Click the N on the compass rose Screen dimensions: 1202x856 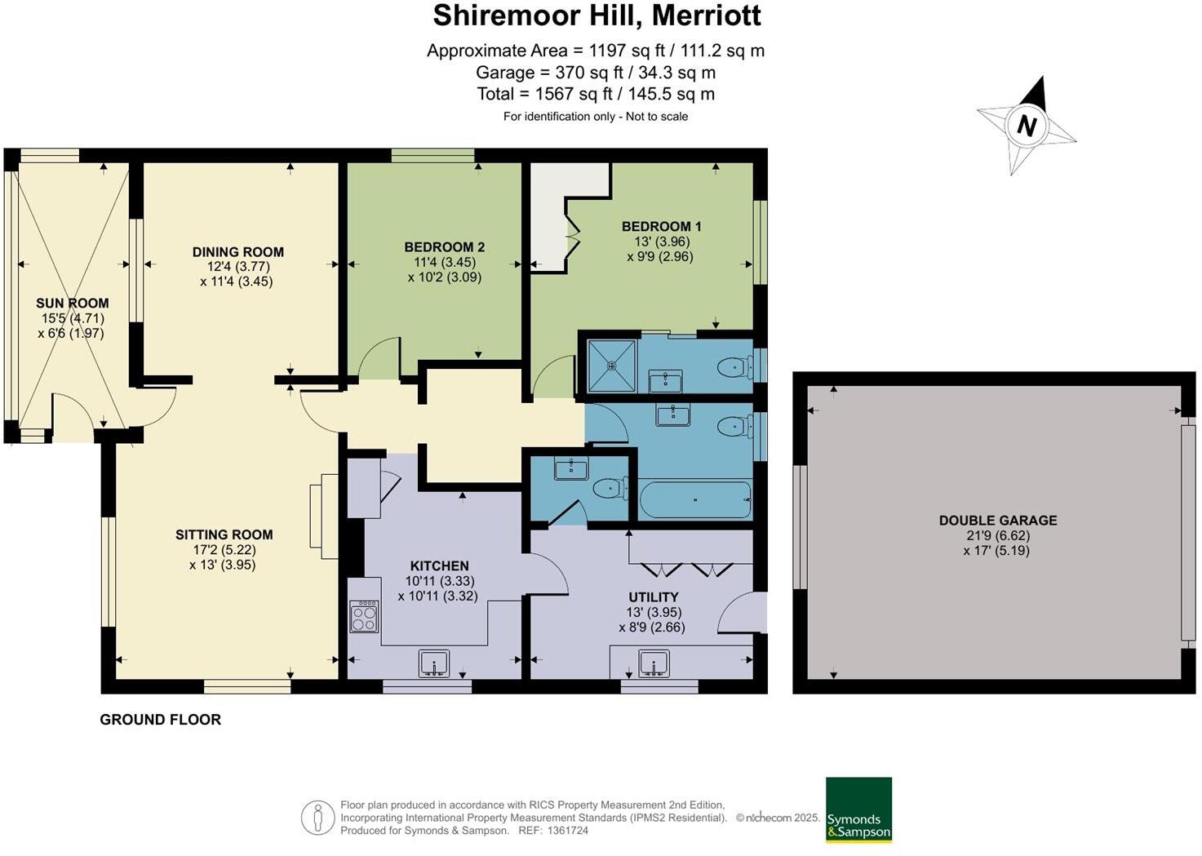[1027, 126]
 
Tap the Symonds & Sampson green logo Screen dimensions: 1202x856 [858, 809]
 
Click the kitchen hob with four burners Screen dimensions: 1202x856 [365, 616]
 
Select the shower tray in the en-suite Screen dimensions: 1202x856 [612, 366]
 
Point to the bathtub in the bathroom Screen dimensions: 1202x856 [695, 499]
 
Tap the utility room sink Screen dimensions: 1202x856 [654, 663]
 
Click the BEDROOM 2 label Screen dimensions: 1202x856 [444, 247]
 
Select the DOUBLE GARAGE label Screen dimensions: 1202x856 [998, 520]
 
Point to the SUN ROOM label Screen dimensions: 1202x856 [73, 304]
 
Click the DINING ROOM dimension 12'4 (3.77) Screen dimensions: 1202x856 [238, 266]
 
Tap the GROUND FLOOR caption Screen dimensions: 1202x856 [161, 720]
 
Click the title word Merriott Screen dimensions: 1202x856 [706, 15]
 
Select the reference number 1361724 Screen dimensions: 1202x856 [567, 831]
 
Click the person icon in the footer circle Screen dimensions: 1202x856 [317, 818]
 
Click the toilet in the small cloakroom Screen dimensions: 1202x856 [610, 488]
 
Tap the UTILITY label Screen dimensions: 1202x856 [654, 597]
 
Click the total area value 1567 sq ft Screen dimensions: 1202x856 [574, 94]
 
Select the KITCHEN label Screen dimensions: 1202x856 [440, 565]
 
